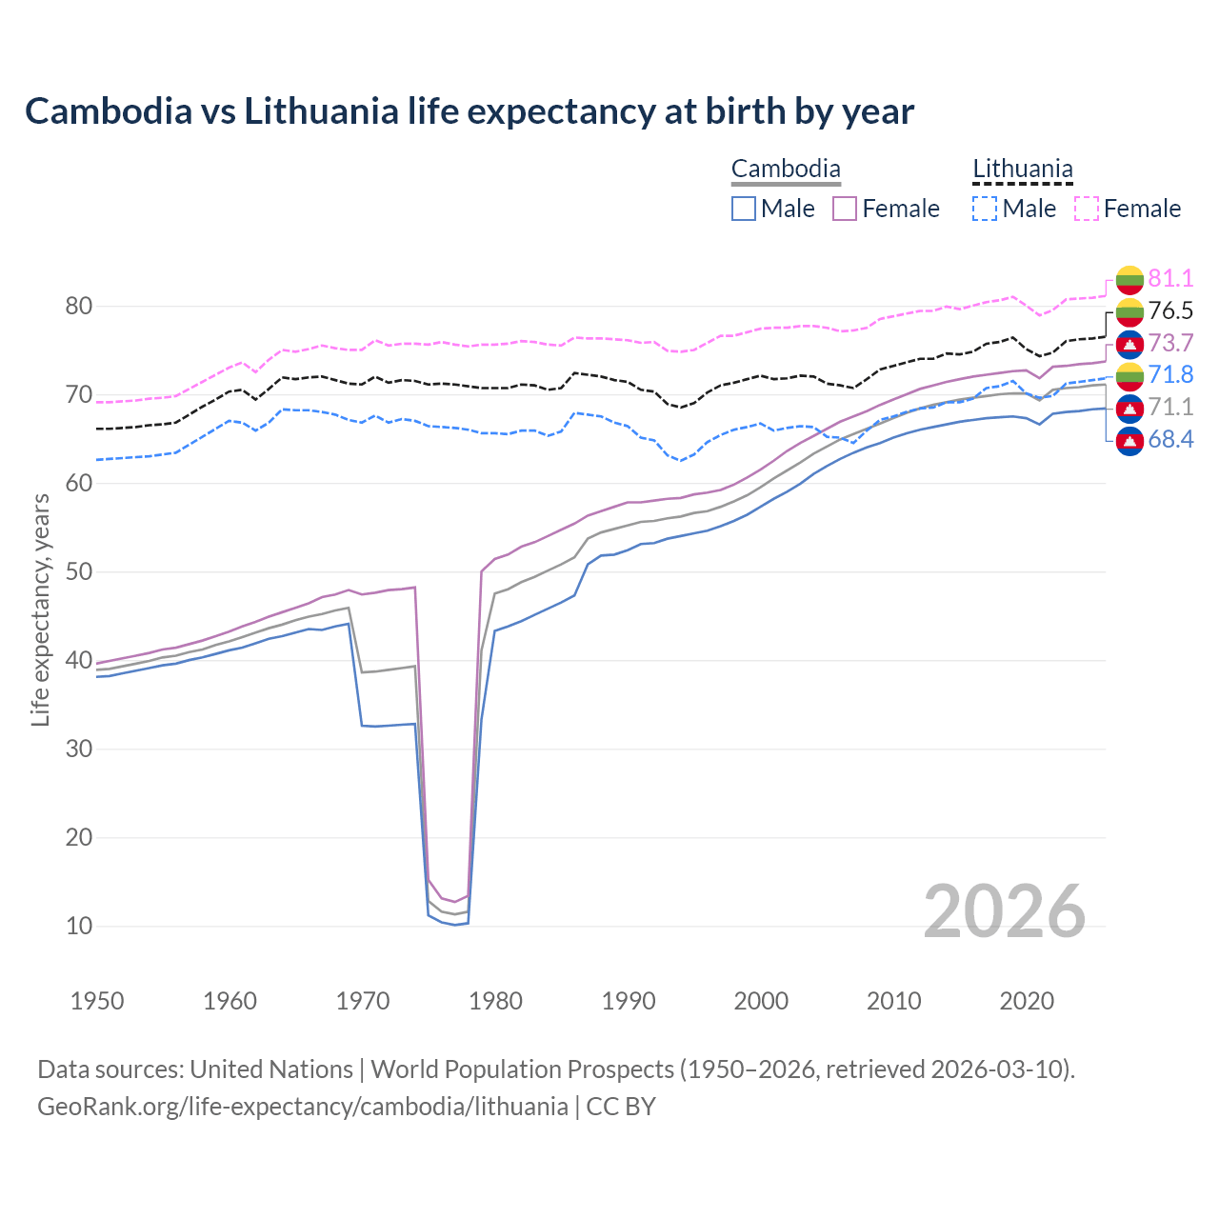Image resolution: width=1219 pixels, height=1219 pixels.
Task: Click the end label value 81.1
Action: pyautogui.click(x=1170, y=278)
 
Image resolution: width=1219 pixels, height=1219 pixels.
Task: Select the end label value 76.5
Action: pyautogui.click(x=1170, y=310)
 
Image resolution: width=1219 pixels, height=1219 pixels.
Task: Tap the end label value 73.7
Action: pyautogui.click(x=1170, y=343)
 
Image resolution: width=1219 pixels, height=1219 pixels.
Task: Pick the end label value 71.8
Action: pyautogui.click(x=1170, y=374)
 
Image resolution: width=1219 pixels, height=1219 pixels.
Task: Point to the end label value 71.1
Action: pyautogui.click(x=1170, y=407)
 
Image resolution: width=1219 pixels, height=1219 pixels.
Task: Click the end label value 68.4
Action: pyautogui.click(x=1170, y=439)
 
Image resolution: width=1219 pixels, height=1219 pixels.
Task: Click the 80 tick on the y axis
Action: pyautogui.click(x=79, y=306)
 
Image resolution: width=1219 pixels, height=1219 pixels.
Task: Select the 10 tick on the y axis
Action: pyautogui.click(x=79, y=926)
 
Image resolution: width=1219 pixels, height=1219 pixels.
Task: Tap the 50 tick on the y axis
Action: pyautogui.click(x=79, y=571)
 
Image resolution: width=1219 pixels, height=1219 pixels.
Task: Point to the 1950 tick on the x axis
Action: pyautogui.click(x=97, y=1001)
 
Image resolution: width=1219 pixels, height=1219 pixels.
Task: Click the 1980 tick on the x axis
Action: pyautogui.click(x=496, y=1001)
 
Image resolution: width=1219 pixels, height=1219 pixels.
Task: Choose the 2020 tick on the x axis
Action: pyautogui.click(x=1027, y=1001)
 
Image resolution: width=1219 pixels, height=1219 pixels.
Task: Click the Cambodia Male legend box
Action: pyautogui.click(x=744, y=209)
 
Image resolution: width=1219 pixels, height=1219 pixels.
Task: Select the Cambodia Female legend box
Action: pyautogui.click(x=845, y=209)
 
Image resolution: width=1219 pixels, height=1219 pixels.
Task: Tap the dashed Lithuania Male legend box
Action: pyautogui.click(x=985, y=209)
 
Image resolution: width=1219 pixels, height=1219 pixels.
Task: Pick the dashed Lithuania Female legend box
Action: pyautogui.click(x=1087, y=209)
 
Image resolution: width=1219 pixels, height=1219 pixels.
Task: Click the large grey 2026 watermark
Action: pyautogui.click(x=1005, y=911)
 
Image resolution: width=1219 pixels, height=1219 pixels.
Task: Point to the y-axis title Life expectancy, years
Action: pyautogui.click(x=40, y=609)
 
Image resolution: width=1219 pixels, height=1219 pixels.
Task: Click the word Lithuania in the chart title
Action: pyautogui.click(x=321, y=111)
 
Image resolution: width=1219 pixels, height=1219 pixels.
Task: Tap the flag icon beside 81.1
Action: pyautogui.click(x=1129, y=279)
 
